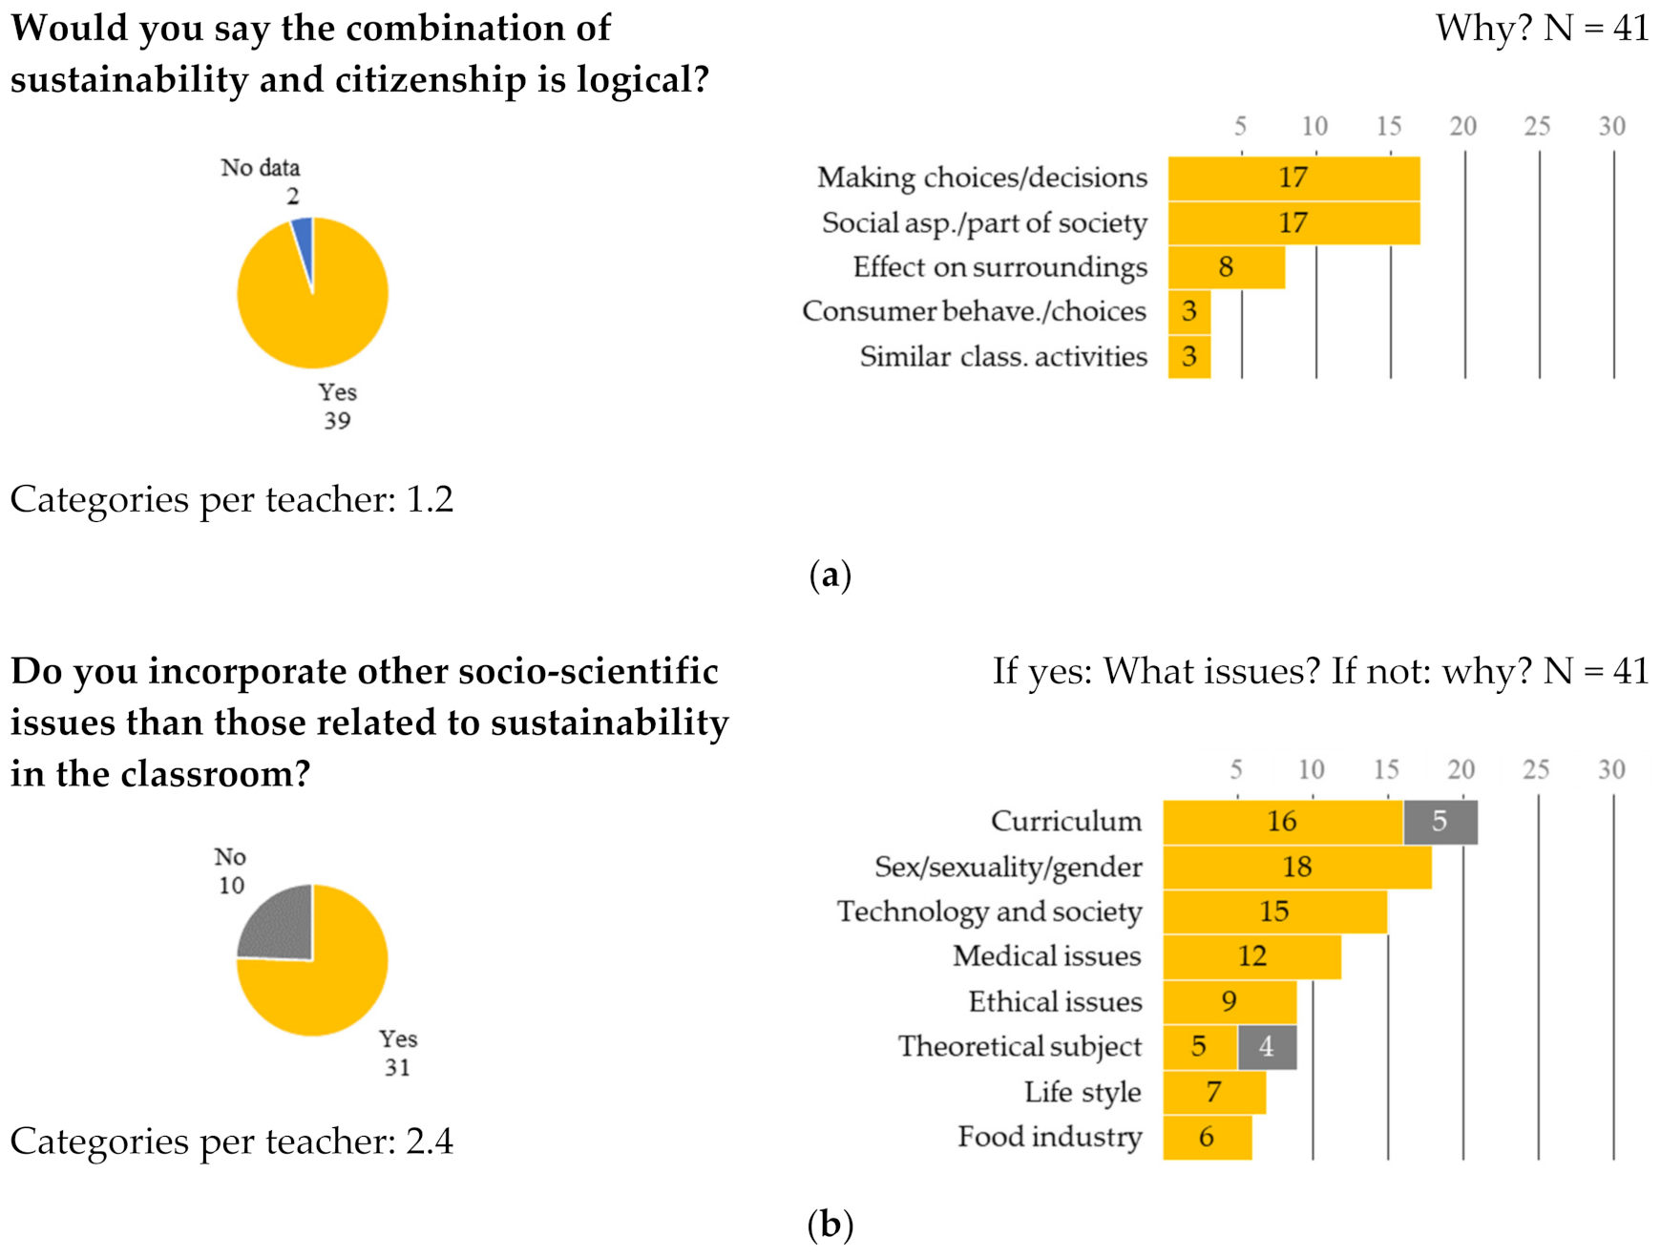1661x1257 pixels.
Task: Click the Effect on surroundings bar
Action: click(x=1226, y=267)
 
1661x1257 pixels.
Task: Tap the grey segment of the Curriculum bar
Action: click(x=1440, y=822)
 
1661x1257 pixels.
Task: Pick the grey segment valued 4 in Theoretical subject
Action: click(x=1267, y=1047)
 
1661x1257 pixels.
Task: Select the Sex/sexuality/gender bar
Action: click(x=1296, y=867)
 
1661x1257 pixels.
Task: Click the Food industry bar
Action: click(x=1207, y=1137)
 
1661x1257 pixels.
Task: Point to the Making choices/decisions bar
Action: click(x=1293, y=178)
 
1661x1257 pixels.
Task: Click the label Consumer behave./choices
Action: click(x=974, y=311)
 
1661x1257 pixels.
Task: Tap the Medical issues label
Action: click(x=1046, y=956)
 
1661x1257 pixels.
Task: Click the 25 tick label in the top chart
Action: click(x=1537, y=126)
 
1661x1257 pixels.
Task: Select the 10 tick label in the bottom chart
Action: click(x=1311, y=769)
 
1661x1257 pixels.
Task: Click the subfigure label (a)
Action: click(x=830, y=575)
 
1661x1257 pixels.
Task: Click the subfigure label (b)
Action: click(x=830, y=1224)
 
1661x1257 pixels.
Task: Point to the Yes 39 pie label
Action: click(x=337, y=407)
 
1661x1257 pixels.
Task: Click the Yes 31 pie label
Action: click(x=397, y=1053)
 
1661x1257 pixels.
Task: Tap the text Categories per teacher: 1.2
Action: click(x=231, y=499)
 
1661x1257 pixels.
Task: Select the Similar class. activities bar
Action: click(x=1188, y=356)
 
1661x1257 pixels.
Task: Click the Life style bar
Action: click(x=1213, y=1092)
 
